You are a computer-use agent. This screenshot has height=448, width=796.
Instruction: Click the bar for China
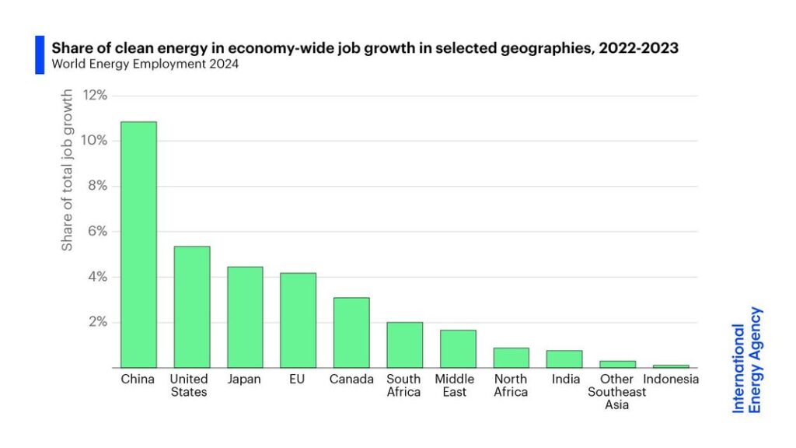pyautogui.click(x=138, y=244)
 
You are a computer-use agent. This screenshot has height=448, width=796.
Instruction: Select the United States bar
pyautogui.click(x=191, y=307)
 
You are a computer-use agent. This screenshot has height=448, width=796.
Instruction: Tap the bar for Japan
pyautogui.click(x=245, y=317)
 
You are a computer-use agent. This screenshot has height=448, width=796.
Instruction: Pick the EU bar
pyautogui.click(x=298, y=320)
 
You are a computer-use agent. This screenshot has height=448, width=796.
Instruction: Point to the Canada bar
pyautogui.click(x=351, y=333)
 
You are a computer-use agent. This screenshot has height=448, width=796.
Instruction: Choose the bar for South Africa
pyautogui.click(x=404, y=345)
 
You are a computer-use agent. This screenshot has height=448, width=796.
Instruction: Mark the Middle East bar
pyautogui.click(x=458, y=349)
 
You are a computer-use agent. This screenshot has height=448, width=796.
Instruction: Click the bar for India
pyautogui.click(x=564, y=359)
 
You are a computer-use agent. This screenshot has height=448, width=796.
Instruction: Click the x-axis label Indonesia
pyautogui.click(x=672, y=380)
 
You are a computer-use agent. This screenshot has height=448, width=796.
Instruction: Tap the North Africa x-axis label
pyautogui.click(x=511, y=386)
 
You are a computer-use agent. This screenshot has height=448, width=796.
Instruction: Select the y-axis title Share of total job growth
pyautogui.click(x=68, y=170)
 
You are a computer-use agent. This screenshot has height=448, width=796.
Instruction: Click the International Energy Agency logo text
pyautogui.click(x=747, y=359)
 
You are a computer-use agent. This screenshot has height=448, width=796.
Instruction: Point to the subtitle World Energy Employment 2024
pyautogui.click(x=145, y=65)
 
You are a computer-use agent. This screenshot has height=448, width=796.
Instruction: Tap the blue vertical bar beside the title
pyautogui.click(x=40, y=55)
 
